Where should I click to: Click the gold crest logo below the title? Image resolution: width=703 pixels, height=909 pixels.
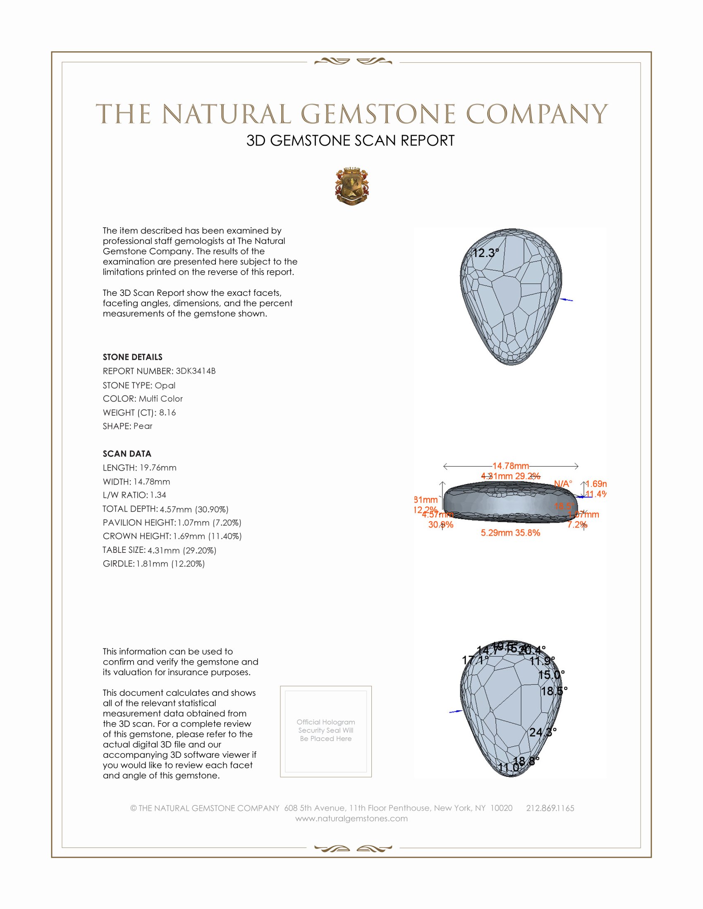352,187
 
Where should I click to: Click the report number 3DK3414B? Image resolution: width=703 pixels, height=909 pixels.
195,371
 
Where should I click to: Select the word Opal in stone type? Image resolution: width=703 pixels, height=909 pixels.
165,385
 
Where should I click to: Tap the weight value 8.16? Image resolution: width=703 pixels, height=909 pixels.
167,412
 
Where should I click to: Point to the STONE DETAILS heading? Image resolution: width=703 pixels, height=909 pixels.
132,357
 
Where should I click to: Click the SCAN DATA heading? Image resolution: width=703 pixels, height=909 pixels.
127,454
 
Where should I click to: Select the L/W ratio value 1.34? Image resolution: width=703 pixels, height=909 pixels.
158,495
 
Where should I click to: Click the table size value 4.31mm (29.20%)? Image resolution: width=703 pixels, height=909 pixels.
182,550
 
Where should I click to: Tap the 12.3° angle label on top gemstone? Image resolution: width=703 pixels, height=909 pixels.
485,253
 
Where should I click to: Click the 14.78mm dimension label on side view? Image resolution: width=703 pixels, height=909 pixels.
511,466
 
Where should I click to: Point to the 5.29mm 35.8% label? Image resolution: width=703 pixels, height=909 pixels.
510,533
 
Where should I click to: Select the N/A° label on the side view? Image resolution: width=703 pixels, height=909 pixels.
563,484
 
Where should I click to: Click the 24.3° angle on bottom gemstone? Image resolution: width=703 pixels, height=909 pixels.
543,732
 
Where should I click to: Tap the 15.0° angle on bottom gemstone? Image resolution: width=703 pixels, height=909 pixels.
551,675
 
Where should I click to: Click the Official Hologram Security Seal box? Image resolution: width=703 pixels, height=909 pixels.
326,731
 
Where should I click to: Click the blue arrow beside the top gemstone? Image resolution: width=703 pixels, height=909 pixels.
567,300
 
